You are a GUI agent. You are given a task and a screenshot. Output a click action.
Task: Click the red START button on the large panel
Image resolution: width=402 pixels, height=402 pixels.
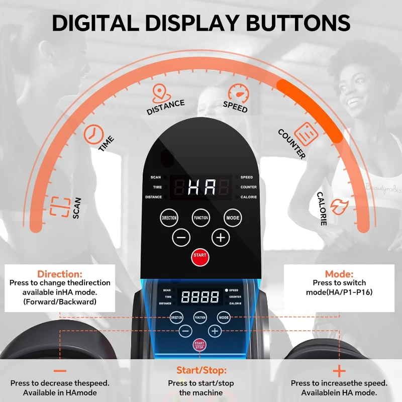200,257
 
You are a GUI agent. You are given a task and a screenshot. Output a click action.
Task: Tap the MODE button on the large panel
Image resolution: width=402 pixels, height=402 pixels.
233,218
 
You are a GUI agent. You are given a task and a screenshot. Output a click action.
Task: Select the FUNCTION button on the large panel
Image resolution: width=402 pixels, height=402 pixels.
200,218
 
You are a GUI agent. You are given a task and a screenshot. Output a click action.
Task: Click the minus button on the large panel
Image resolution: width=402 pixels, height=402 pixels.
181,238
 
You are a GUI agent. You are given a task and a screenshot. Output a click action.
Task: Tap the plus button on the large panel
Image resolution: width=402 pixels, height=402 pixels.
221,238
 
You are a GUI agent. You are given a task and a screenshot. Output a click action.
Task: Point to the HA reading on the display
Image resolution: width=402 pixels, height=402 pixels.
202,187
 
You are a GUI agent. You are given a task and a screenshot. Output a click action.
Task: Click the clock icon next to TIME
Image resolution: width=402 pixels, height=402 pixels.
93,134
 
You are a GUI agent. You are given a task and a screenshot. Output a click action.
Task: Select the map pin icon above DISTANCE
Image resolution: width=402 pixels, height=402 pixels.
161,93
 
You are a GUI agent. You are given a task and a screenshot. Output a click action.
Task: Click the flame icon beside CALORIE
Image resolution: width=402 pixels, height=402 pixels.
340,207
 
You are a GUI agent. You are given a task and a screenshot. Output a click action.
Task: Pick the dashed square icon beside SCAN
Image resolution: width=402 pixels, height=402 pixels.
60,207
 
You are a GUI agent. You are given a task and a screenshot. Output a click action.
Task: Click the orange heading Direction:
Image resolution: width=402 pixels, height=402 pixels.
60,274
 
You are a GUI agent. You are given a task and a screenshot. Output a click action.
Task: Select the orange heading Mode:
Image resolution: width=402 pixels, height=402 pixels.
339,274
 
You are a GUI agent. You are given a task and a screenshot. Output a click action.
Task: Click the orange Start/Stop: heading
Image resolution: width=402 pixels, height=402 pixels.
202,370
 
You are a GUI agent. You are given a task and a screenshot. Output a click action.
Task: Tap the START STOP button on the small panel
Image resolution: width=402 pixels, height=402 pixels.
199,345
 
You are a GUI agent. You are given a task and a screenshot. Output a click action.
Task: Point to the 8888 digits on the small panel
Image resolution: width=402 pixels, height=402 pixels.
200,297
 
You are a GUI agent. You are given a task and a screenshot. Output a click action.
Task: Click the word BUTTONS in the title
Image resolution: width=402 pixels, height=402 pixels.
298,23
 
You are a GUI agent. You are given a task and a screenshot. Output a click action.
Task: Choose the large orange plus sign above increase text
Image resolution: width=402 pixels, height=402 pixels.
339,371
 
